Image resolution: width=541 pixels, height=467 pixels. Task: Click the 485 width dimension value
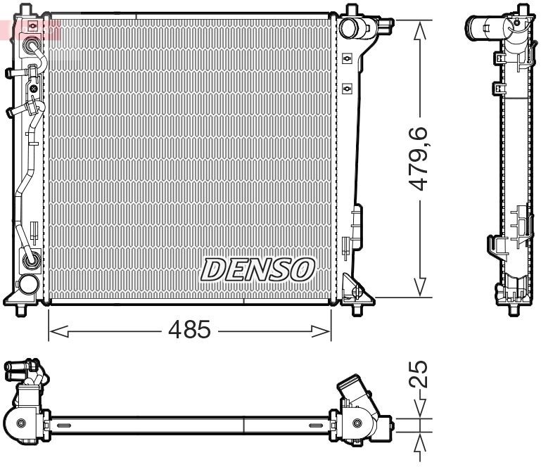pos(189,329)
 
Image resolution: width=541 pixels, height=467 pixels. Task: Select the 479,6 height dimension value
pos(421,158)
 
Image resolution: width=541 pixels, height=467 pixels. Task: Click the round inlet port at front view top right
pos(348,27)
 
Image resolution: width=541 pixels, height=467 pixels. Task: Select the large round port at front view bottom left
pos(27,285)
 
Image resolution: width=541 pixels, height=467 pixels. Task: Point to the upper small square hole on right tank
pos(346,60)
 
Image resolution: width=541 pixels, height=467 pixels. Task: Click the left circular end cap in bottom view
pos(21,423)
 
